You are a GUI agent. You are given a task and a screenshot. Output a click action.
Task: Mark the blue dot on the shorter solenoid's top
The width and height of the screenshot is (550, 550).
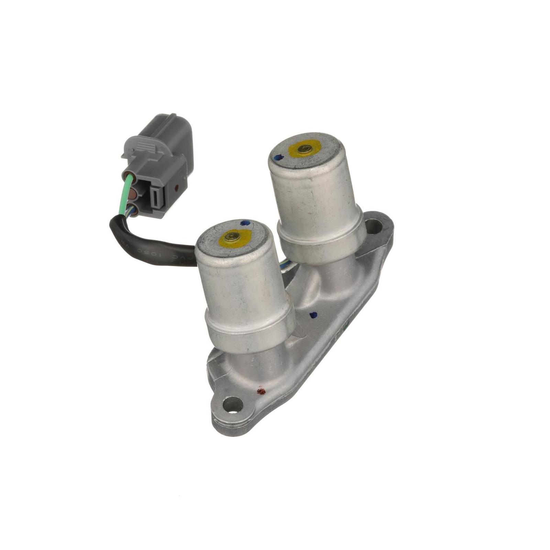245,223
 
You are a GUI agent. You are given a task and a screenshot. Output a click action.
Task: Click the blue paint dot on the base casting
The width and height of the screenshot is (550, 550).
313,314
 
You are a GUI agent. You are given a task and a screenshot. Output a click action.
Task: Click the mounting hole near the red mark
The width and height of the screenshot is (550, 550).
233,405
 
